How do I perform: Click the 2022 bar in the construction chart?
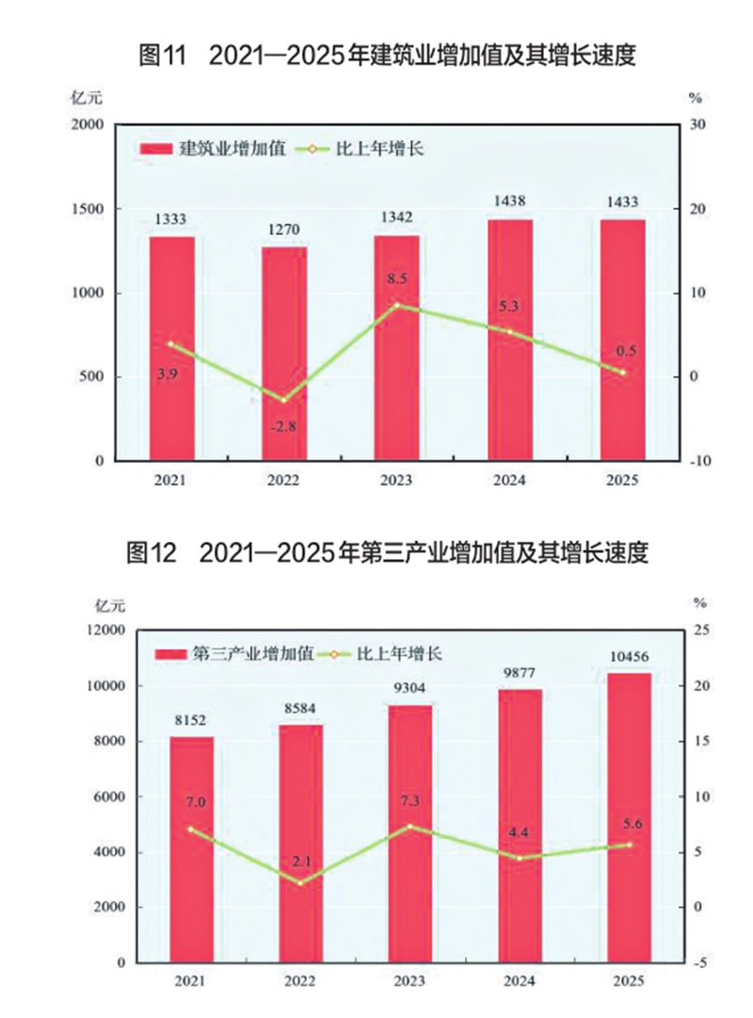pos(283,353)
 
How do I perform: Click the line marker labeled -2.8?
pos(283,401)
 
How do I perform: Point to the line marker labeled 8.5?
pos(396,305)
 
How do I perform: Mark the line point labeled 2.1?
pos(300,883)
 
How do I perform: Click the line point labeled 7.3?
pos(409,826)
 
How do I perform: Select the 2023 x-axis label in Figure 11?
pos(396,480)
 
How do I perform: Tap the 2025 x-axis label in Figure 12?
pos(628,981)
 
